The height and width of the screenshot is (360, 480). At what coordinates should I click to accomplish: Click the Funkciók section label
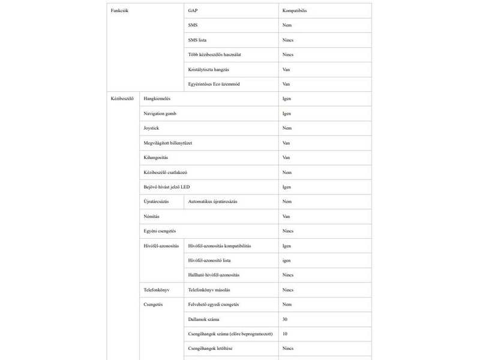pyautogui.click(x=120, y=11)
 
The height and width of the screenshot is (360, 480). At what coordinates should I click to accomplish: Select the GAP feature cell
pyautogui.click(x=193, y=11)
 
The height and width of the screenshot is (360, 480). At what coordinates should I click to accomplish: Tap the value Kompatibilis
pyautogui.click(x=295, y=11)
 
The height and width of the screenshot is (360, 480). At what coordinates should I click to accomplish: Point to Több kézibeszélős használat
pyautogui.click(x=215, y=55)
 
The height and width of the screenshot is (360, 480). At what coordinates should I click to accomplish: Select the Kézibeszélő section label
pyautogui.click(x=122, y=98)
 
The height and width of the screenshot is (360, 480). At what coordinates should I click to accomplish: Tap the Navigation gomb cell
pyautogui.click(x=160, y=113)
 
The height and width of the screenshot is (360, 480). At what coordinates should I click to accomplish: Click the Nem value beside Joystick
pyautogui.click(x=287, y=128)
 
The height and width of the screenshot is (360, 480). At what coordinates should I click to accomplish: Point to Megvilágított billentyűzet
pyautogui.click(x=167, y=143)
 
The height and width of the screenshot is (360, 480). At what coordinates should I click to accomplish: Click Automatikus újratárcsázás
pyautogui.click(x=212, y=202)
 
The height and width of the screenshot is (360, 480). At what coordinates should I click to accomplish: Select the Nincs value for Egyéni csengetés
pyautogui.click(x=288, y=231)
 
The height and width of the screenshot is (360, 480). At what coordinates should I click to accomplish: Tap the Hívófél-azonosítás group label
pyautogui.click(x=161, y=246)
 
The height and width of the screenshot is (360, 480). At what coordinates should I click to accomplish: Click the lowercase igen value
pyautogui.click(x=287, y=260)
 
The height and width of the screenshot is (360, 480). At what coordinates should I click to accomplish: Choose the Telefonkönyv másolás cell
pyautogui.click(x=209, y=290)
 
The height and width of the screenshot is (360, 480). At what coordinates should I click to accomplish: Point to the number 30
pyautogui.click(x=285, y=319)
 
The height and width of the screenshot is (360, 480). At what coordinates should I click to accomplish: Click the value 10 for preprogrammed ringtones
pyautogui.click(x=285, y=334)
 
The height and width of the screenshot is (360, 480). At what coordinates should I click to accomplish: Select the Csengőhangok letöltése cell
pyautogui.click(x=211, y=349)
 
